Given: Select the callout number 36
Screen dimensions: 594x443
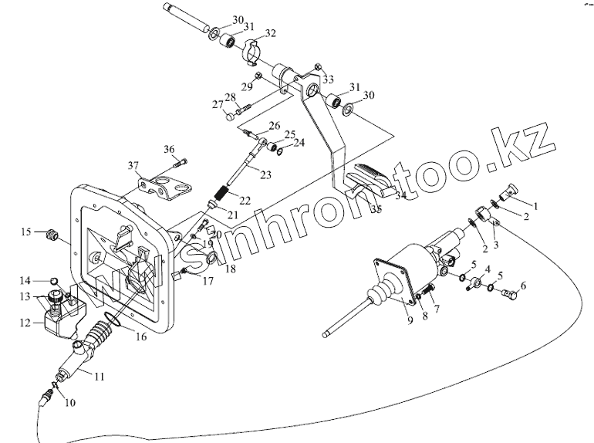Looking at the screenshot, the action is click(170, 149).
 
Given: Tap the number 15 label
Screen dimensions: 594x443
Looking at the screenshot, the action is click(26, 231).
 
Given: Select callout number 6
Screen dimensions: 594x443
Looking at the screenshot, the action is click(523, 286).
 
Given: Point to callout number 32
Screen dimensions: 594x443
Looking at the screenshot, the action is click(271, 33).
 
